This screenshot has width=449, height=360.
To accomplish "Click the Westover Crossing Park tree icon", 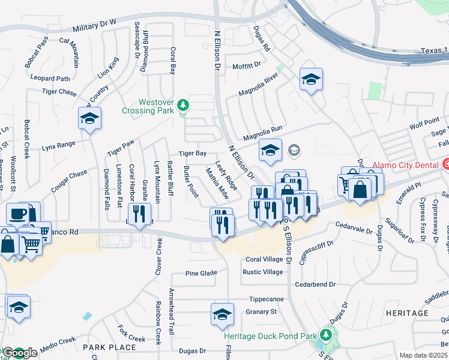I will [x=184, y=107].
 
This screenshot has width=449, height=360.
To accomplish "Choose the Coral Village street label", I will [x=264, y=259].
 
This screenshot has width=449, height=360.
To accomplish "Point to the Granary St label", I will [x=261, y=311].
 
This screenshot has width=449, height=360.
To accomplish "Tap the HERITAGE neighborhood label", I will [x=407, y=313].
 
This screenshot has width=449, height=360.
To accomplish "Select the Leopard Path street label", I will [x=50, y=79].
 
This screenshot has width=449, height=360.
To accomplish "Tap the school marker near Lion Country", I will [x=89, y=118].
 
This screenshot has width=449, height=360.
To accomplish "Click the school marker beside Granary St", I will [x=222, y=314].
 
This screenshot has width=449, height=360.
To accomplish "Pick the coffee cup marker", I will [x=17, y=214].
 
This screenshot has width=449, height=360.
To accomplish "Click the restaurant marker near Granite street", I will [x=139, y=214].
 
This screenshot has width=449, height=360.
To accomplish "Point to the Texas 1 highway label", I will [x=434, y=52].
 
